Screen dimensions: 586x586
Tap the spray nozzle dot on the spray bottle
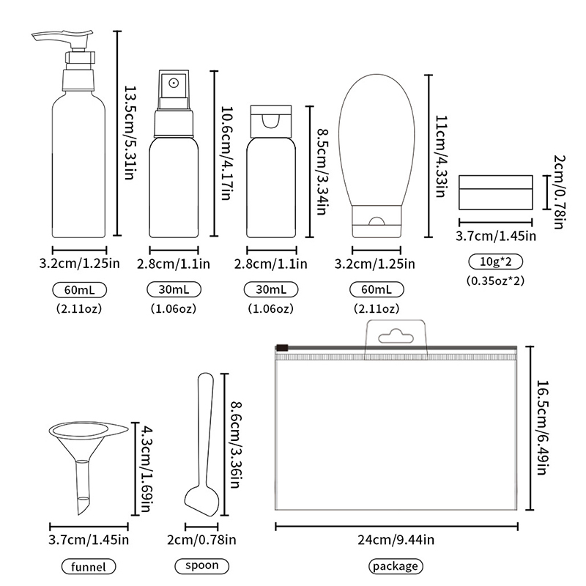tap(173, 83)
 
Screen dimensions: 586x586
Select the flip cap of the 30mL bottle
tap(271, 122)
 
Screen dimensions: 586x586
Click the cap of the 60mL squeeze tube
tap(377, 221)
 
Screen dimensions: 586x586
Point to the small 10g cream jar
tap(496, 192)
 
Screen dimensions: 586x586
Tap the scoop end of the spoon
tap(202, 501)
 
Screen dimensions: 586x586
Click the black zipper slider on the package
tap(282, 348)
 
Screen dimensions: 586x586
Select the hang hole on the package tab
tap(396, 336)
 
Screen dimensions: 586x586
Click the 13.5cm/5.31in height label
tap(130, 133)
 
